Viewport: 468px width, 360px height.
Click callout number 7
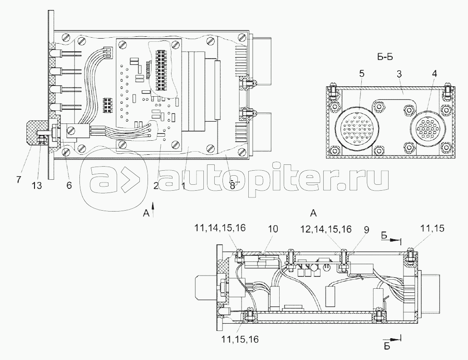pyautogui.click(x=19, y=179)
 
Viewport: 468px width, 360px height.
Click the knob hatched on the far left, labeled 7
pyautogui.click(x=33, y=131)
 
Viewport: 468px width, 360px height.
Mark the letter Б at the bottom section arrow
pyautogui.click(x=387, y=347)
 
